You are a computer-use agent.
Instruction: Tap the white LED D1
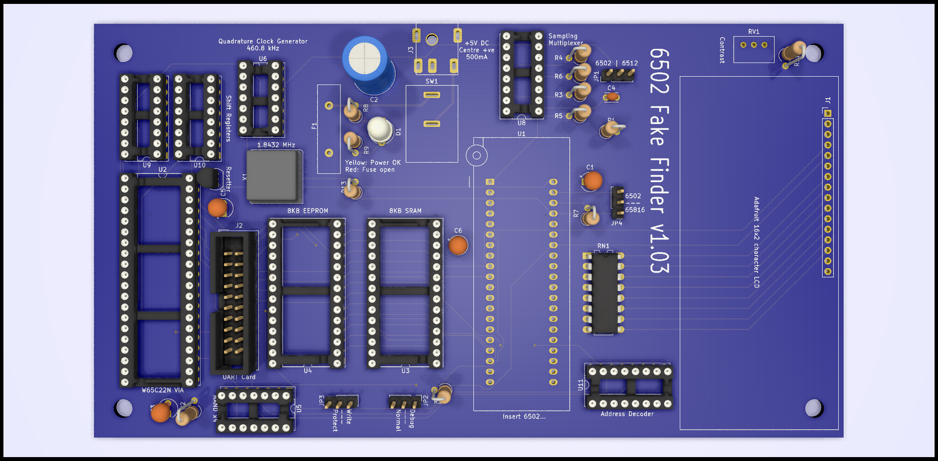point(380,129)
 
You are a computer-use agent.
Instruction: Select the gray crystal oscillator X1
point(273,176)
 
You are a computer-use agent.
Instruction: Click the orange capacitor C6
point(458,245)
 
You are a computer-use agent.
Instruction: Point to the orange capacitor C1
point(593,181)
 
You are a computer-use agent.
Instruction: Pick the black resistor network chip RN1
point(604,293)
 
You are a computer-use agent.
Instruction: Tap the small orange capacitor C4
point(611,97)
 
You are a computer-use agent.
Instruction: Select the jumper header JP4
point(617,202)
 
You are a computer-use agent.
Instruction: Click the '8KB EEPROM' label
point(308,211)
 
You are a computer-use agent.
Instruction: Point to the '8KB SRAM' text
point(405,211)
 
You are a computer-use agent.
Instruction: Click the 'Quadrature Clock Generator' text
point(263,42)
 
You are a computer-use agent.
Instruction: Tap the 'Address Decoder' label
point(627,414)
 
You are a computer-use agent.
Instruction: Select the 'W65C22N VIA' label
point(163,390)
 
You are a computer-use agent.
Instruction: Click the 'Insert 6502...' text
point(524,417)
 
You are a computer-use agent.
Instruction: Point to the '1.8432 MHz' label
point(276,145)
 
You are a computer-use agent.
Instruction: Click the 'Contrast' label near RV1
point(722,50)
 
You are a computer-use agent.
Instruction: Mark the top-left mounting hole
point(124,53)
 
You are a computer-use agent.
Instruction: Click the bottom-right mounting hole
point(813,408)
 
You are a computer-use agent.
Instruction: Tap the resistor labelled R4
point(580,55)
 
